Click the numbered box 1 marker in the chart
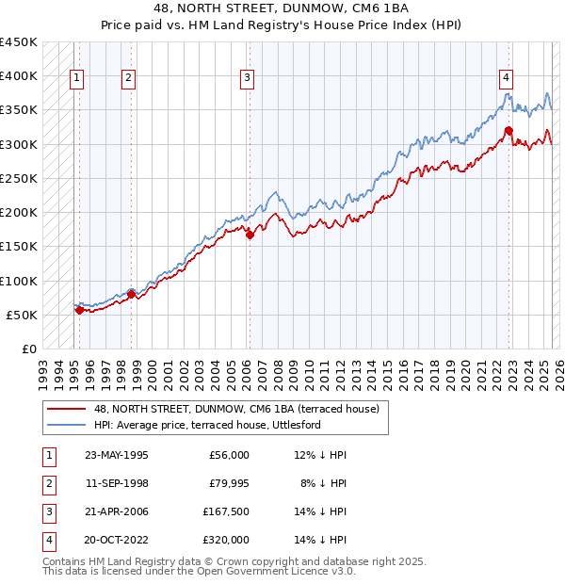pos(76,78)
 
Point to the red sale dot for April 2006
pos(250,235)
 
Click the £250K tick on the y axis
pos(19,178)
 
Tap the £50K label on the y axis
pos(23,315)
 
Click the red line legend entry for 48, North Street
pos(235,409)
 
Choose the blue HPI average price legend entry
pos(207,426)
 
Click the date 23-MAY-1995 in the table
pos(116,455)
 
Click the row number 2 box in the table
pos(48,483)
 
